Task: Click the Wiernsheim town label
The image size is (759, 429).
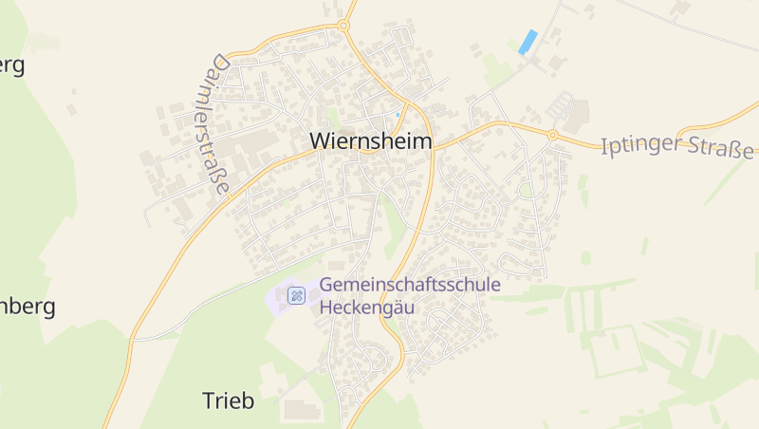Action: (370, 141)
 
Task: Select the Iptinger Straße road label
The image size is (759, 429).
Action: (677, 148)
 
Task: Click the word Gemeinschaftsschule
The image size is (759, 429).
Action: (410, 285)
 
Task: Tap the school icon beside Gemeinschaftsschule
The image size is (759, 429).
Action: (296, 296)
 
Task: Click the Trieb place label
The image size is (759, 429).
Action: (229, 401)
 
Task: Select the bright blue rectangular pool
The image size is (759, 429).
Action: (528, 42)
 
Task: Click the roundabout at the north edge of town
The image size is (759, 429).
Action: (342, 26)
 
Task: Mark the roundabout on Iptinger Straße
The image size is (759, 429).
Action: (552, 135)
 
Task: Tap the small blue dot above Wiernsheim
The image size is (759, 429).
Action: (398, 115)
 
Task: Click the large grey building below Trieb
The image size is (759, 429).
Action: (302, 410)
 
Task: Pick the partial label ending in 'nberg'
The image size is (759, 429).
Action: (28, 308)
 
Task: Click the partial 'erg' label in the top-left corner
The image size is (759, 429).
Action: (12, 65)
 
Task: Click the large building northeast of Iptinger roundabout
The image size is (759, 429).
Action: (576, 115)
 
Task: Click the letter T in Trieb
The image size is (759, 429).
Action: (208, 401)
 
